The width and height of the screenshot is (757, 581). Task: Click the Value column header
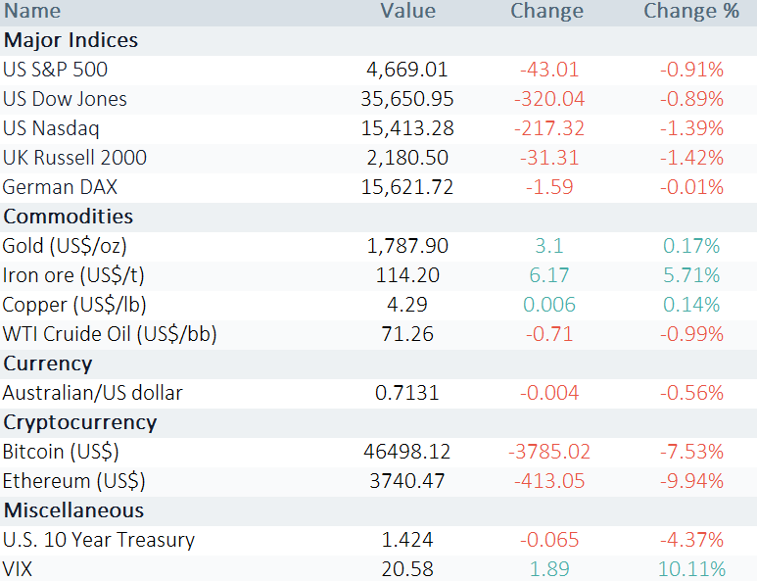click(408, 11)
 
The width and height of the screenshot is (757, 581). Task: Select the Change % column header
click(691, 11)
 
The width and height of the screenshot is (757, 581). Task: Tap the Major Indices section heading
click(71, 40)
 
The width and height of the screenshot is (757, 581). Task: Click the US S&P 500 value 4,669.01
click(407, 70)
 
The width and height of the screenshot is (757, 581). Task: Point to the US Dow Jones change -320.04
click(549, 99)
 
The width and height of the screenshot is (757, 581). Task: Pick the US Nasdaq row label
click(51, 128)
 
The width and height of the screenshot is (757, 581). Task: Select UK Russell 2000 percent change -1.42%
click(691, 158)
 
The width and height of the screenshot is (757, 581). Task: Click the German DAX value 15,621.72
click(407, 187)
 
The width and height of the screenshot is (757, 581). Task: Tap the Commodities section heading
click(69, 217)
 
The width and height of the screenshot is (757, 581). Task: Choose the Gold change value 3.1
click(549, 246)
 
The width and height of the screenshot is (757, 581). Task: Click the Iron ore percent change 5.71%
click(691, 275)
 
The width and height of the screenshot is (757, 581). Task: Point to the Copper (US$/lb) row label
click(74, 305)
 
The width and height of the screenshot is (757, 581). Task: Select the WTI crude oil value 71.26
click(407, 334)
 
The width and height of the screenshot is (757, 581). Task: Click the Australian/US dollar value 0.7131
click(407, 393)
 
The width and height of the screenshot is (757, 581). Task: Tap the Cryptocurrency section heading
click(80, 422)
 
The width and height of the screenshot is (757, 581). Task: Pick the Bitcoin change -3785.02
click(549, 452)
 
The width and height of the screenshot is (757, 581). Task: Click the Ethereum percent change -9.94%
click(691, 481)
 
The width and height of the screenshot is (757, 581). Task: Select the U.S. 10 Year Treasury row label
click(99, 540)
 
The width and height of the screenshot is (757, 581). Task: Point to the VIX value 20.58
click(407, 569)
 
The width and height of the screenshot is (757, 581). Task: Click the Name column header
click(32, 11)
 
